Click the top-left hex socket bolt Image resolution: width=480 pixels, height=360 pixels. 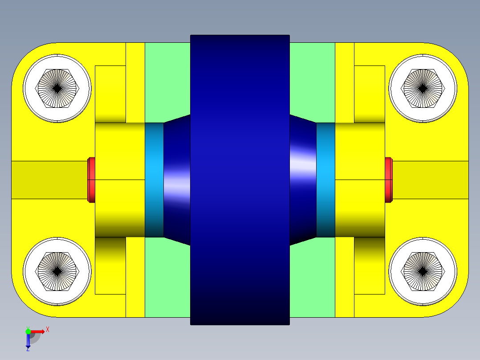point(57,88)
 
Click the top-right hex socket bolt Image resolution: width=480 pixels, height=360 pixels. point(423,88)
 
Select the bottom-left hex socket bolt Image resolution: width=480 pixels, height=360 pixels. point(57,271)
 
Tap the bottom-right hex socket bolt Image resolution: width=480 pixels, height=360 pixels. point(423,271)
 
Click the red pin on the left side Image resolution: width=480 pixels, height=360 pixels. point(91,180)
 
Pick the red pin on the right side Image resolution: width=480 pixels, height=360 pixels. point(388,180)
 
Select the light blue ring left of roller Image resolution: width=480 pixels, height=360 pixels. point(154,180)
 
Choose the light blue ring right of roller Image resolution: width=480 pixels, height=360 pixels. point(325,180)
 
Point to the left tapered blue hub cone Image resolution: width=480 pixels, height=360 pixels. point(177,180)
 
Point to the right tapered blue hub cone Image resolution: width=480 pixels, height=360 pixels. point(303,180)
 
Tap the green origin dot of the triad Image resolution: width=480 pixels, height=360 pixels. point(28,331)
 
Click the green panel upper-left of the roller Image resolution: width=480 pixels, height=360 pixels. point(167,80)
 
